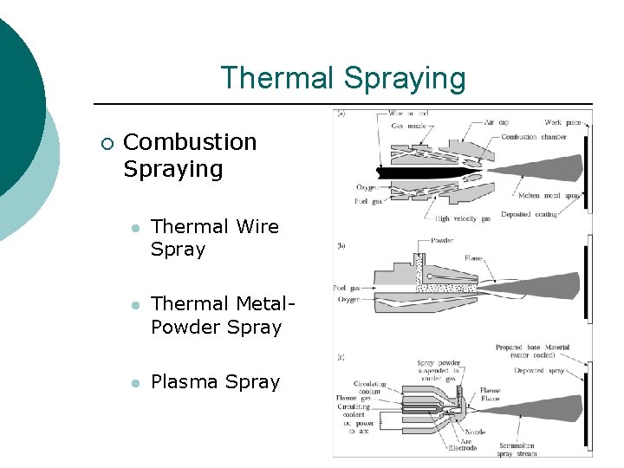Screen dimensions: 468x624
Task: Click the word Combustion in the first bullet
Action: pyautogui.click(x=191, y=142)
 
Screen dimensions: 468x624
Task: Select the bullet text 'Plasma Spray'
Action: pyautogui.click(x=216, y=382)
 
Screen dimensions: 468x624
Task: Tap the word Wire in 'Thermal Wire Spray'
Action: pyautogui.click(x=257, y=227)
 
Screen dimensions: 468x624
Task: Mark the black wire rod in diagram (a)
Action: pyautogui.click(x=416, y=172)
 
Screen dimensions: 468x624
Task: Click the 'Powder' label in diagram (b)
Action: pyautogui.click(x=441, y=240)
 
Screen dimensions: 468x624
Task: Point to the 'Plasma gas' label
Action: pyautogui.click(x=352, y=398)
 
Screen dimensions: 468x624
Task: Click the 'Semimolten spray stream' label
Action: pyautogui.click(x=518, y=449)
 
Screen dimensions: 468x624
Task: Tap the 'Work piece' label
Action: pyautogui.click(x=564, y=123)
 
